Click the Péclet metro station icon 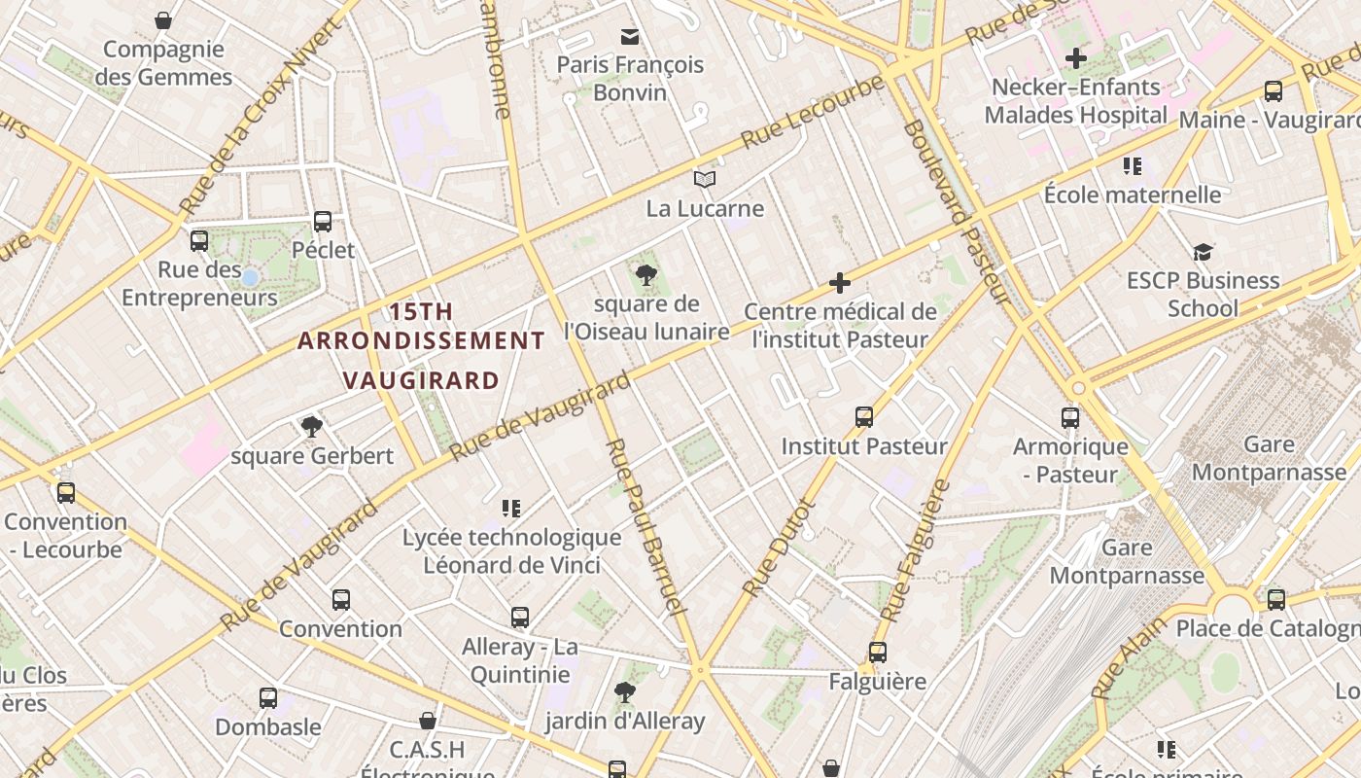point(323,222)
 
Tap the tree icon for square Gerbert point(312,426)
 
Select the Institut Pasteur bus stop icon point(864,417)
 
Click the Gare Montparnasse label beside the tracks point(1127,561)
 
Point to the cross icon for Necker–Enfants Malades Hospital point(1075,58)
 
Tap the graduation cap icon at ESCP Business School point(1204,252)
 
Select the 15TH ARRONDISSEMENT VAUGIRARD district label point(421,345)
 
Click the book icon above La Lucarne point(705,180)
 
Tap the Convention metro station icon point(340,600)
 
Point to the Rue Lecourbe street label point(813,113)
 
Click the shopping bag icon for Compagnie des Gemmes point(163,20)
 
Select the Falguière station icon point(878,653)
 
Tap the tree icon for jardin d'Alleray point(624,692)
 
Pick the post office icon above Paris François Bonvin point(630,37)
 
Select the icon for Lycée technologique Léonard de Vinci point(511,509)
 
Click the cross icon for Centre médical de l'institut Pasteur point(840,284)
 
